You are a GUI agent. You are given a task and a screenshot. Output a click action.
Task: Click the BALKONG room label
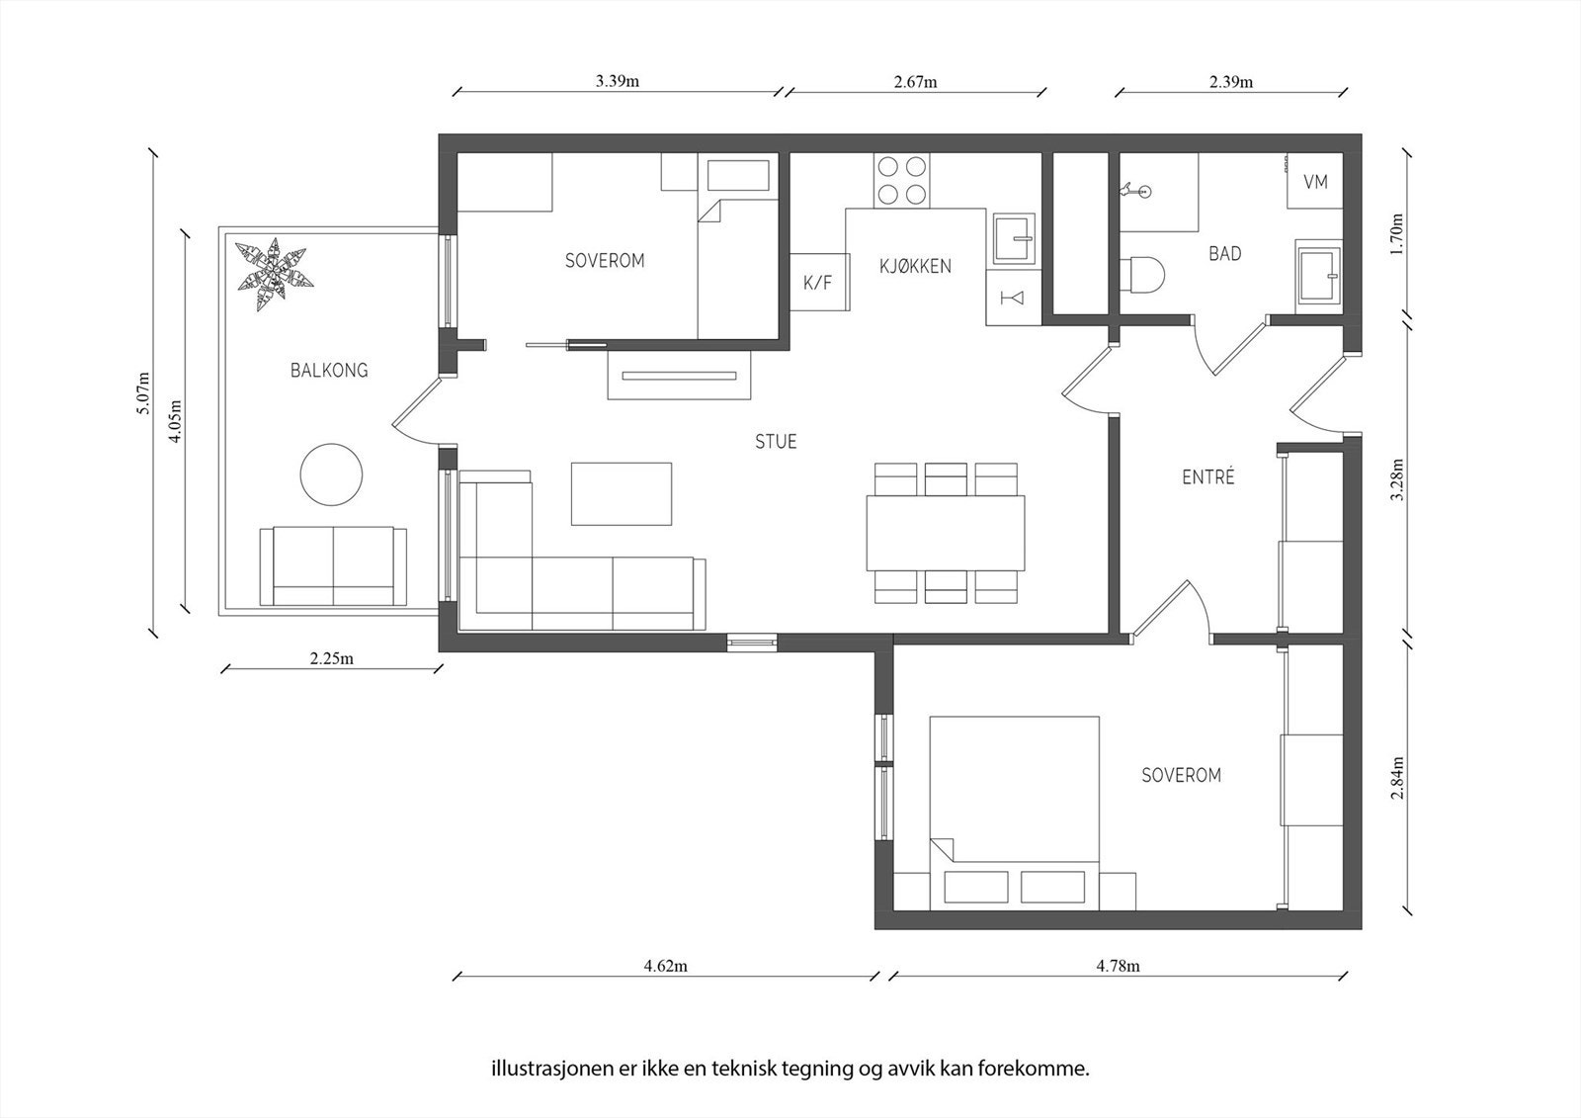pos(330,370)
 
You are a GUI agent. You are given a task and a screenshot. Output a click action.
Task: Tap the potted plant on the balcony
pos(273,274)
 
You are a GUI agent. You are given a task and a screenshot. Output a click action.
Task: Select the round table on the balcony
pos(332,474)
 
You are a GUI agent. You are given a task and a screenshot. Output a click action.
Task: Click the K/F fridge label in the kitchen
pos(818,284)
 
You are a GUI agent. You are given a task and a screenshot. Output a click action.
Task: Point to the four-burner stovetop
pos(902,180)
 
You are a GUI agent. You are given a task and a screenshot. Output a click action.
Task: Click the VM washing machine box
pos(1315,181)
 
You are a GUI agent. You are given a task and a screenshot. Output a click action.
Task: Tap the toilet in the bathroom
pos(1141,274)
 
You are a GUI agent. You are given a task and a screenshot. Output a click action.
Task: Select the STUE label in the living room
pos(776,442)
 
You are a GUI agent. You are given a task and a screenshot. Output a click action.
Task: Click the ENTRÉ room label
pos(1208,476)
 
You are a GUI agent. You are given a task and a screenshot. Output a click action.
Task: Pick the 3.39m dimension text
pos(618,80)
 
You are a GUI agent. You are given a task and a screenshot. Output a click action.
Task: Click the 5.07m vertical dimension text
pos(143,392)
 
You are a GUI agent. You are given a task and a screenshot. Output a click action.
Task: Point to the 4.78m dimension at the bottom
pos(1118,966)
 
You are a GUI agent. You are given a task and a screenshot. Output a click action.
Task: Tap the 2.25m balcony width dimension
pos(332,659)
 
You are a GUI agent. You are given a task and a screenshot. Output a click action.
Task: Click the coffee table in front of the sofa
pos(622,493)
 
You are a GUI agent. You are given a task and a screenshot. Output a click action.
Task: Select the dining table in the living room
pos(946,533)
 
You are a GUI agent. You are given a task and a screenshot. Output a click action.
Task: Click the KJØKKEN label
pos(915,266)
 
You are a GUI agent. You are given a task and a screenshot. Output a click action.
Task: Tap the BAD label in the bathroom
pos(1225,253)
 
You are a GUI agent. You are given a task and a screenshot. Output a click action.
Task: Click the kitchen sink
pos(1014,238)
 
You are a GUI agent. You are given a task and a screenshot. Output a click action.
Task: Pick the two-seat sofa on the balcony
pos(333,565)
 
